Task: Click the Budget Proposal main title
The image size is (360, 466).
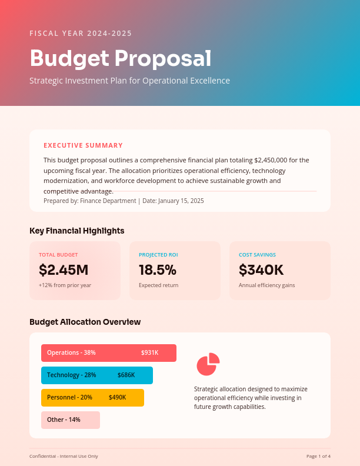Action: click(x=120, y=58)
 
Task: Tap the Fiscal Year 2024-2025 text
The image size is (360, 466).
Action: click(x=81, y=34)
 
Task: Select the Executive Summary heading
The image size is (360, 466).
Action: click(x=83, y=145)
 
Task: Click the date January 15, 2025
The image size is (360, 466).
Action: click(x=181, y=201)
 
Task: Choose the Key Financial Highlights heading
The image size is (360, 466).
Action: click(x=76, y=231)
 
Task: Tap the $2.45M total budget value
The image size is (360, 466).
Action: click(x=64, y=270)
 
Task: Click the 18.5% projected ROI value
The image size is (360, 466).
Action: click(x=158, y=270)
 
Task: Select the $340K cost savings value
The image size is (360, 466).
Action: click(x=261, y=270)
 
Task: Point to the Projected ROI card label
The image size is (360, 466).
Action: click(x=158, y=255)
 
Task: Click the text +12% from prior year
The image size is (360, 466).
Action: click(x=65, y=285)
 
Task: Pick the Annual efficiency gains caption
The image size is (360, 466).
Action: click(x=266, y=285)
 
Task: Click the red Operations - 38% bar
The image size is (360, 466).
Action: click(x=108, y=353)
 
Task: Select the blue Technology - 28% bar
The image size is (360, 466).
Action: click(x=96, y=375)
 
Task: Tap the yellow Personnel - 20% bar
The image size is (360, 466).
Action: click(x=92, y=398)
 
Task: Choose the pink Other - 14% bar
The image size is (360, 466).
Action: click(x=70, y=420)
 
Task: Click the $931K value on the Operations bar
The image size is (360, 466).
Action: click(x=149, y=353)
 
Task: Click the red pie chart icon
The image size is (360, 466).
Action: click(x=208, y=364)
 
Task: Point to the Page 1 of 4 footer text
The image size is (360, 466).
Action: click(x=318, y=456)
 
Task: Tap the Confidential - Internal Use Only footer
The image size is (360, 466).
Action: click(x=64, y=456)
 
